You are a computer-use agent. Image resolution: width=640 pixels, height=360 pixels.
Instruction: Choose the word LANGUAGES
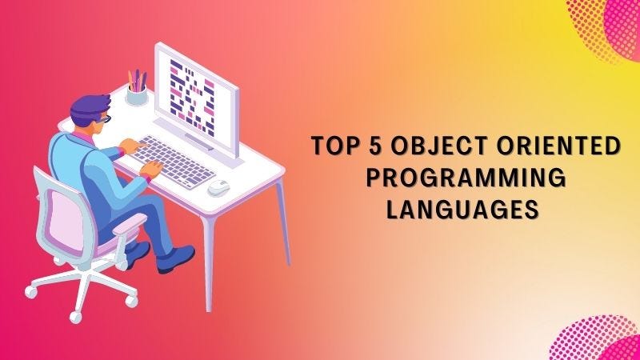click(460, 209)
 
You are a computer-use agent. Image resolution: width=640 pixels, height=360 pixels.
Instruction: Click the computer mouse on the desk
click(218, 189)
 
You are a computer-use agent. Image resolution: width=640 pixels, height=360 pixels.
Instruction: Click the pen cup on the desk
click(138, 94)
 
